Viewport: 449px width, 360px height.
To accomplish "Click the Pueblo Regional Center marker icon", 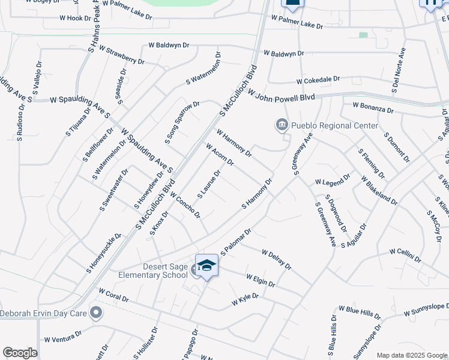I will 282,125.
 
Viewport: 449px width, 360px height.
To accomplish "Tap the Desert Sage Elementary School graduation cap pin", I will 206,265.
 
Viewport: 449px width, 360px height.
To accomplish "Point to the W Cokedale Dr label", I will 318,79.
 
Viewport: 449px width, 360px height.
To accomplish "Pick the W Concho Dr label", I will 184,204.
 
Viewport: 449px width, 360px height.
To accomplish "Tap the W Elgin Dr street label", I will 261,280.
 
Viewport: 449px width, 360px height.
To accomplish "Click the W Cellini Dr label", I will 405,254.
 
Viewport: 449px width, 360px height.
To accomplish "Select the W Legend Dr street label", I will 332,179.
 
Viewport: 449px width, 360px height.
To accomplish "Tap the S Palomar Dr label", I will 235,241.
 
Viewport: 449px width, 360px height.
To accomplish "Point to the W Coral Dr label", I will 113,296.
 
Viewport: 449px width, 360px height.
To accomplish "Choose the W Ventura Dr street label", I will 62,336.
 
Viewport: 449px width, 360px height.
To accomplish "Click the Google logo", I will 20,353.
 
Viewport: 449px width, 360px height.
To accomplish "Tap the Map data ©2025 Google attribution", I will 411,355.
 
